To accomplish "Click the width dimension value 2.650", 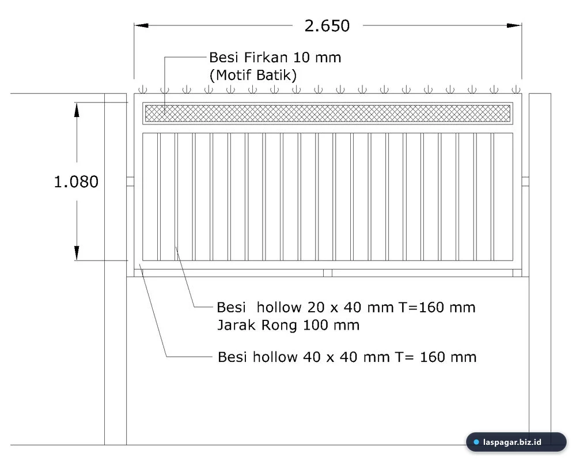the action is point(327,26).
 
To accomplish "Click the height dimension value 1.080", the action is point(76,182).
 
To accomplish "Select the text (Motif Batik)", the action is point(253,75).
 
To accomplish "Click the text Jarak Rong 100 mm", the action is point(289,325).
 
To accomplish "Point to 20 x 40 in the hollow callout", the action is point(331,307).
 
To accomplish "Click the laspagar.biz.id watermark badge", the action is point(516,442).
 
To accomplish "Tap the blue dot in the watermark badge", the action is point(476,442).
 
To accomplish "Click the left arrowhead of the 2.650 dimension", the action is point(142,25).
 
